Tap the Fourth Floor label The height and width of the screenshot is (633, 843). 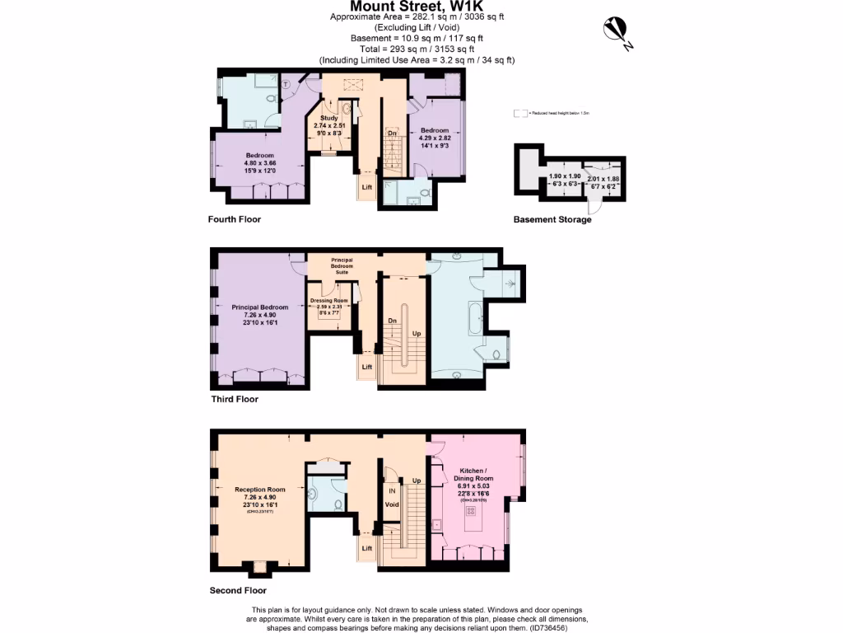[234, 220]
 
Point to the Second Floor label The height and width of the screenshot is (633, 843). [238, 590]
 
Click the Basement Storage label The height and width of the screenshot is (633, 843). [552, 220]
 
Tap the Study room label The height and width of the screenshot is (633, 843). [329, 118]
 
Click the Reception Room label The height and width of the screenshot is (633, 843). [260, 490]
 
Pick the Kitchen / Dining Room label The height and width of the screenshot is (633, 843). [473, 474]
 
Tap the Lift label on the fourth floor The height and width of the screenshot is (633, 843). [367, 187]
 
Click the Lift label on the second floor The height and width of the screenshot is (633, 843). [367, 547]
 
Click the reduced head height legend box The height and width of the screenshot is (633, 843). [518, 113]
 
